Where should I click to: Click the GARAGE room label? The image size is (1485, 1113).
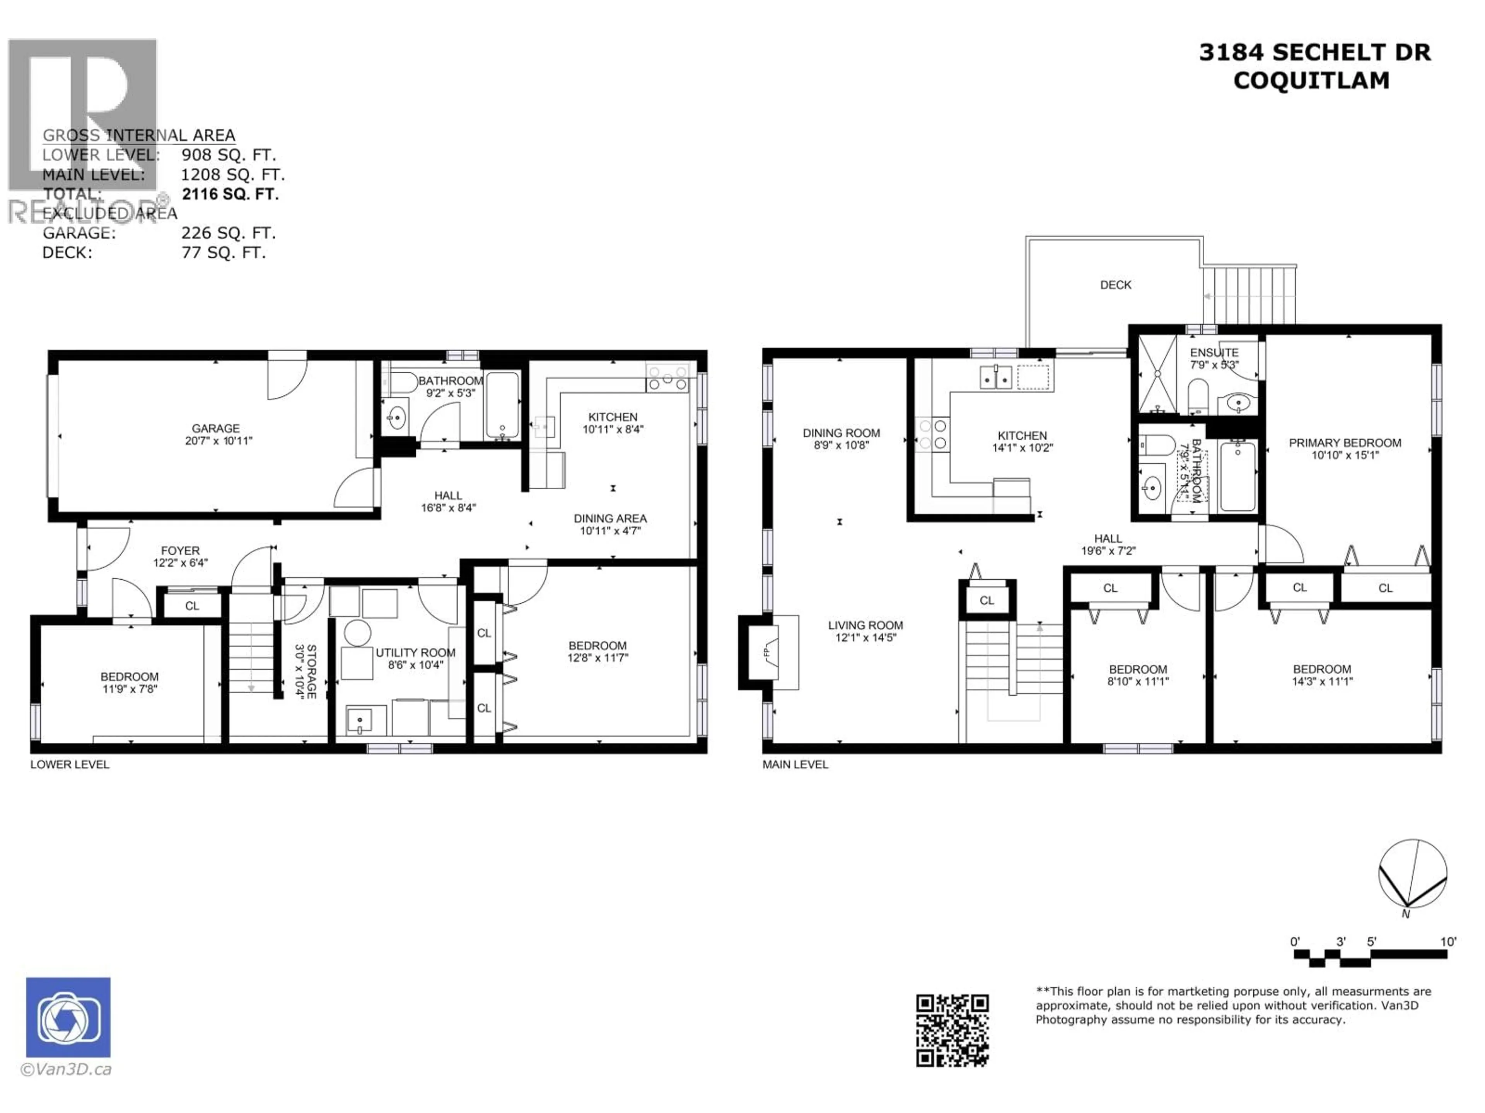coord(215,428)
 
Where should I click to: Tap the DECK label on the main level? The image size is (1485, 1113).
coord(1115,285)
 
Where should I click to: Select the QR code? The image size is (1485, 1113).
coord(952,1030)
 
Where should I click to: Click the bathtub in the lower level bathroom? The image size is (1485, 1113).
coord(502,405)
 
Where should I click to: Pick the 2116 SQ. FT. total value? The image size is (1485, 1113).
coord(230,194)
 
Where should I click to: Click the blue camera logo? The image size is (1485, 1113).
coord(68,1017)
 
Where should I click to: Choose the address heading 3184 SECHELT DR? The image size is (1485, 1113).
coord(1314,52)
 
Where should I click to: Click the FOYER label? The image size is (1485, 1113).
coord(180,551)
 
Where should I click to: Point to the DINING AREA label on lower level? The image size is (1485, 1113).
coord(609,519)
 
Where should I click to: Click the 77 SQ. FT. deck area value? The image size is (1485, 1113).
coord(224,253)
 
